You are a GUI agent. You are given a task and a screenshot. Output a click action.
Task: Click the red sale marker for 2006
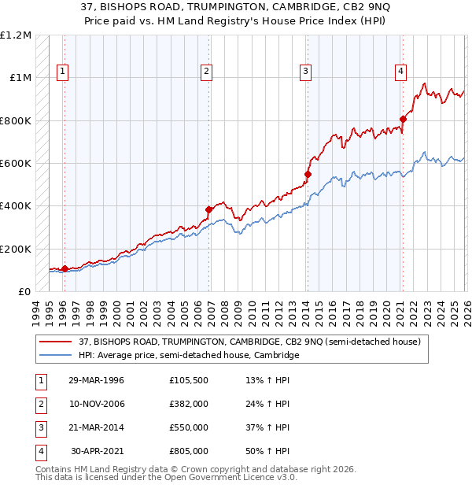coord(209,210)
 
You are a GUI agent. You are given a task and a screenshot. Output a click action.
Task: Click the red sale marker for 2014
coord(308,174)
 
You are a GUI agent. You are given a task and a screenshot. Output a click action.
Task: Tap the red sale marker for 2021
coord(403,120)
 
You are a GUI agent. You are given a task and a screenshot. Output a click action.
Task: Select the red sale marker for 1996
coord(65,268)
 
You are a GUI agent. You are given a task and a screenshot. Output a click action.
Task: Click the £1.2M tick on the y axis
coord(17,35)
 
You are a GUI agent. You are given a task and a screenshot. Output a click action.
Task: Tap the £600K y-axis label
coord(15,164)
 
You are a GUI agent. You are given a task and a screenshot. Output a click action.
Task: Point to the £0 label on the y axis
coord(24,292)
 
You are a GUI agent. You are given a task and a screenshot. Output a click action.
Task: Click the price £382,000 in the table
coord(189,405)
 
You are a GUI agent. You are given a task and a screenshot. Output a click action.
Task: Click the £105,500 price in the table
coord(189,381)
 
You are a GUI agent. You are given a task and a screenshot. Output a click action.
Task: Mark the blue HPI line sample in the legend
coord(56,356)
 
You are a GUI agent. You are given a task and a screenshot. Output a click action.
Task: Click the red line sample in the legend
coord(56,342)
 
